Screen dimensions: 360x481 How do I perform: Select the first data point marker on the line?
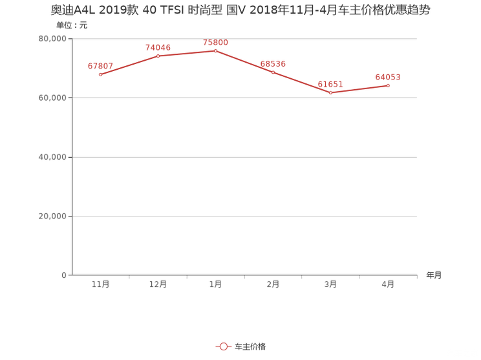[x=100, y=74]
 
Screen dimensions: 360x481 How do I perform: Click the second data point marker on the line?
[x=158, y=56]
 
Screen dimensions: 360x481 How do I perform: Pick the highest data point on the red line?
[x=215, y=50]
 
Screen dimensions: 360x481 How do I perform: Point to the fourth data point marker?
[x=273, y=72]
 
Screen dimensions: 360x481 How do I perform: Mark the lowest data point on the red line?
[x=330, y=92]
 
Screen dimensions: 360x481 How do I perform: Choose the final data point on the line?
[x=388, y=85]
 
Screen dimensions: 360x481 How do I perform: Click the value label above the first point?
[x=101, y=65]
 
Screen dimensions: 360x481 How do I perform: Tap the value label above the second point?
[x=158, y=47]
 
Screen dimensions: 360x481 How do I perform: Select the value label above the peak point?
[x=215, y=43]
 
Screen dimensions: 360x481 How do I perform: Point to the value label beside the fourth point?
[x=273, y=63]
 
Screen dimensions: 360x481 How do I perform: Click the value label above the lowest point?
[x=330, y=84]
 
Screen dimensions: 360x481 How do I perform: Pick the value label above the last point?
[x=388, y=76]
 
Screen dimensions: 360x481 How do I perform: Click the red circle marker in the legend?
[x=223, y=347]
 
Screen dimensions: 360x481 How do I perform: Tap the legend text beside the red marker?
[x=250, y=347]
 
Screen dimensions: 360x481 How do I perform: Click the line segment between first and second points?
[x=129, y=65]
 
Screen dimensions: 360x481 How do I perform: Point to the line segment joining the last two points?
[x=359, y=89]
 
